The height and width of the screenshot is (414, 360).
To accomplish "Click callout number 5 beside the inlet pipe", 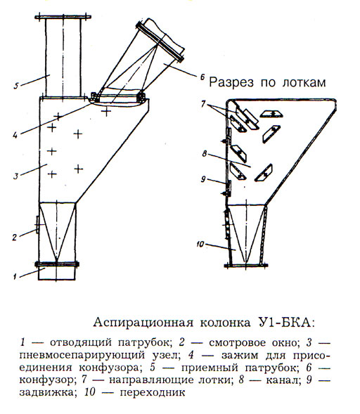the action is click(16, 86).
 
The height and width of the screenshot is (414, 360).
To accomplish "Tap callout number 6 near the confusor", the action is click(202, 77).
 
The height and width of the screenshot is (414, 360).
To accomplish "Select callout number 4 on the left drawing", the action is click(15, 135).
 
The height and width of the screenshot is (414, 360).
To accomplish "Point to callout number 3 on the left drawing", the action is click(16, 176).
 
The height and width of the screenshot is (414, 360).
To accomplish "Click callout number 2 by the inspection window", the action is click(15, 237).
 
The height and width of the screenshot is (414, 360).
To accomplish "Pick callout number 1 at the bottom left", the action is click(15, 276).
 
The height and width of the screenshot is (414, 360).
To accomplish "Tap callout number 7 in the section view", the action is click(202, 104).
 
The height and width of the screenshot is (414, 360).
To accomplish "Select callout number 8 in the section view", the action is click(204, 154).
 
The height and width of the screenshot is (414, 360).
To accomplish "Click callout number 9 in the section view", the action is click(202, 179).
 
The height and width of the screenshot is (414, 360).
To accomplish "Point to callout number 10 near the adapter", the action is click(200, 245).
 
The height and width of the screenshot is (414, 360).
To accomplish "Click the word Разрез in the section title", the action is click(231, 83).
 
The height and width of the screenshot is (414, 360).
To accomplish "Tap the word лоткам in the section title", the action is click(304, 83).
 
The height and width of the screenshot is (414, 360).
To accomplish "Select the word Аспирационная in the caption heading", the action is click(143, 323).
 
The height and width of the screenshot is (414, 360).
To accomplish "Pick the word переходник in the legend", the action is click(153, 392).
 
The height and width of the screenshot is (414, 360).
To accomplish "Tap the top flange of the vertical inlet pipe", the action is click(63, 17).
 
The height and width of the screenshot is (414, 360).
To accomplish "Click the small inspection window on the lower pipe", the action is click(37, 224).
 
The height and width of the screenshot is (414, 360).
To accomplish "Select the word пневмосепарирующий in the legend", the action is click(82, 356).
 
